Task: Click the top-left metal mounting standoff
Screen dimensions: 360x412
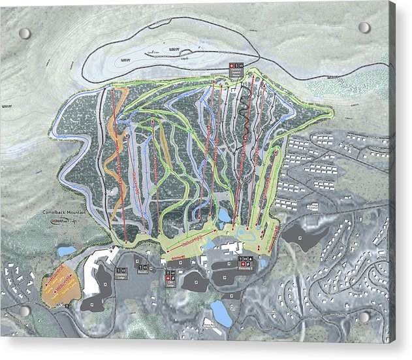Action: [x=25, y=33]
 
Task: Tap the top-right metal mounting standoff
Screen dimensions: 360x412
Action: [x=364, y=27]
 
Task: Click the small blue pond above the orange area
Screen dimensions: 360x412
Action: [x=67, y=251]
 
